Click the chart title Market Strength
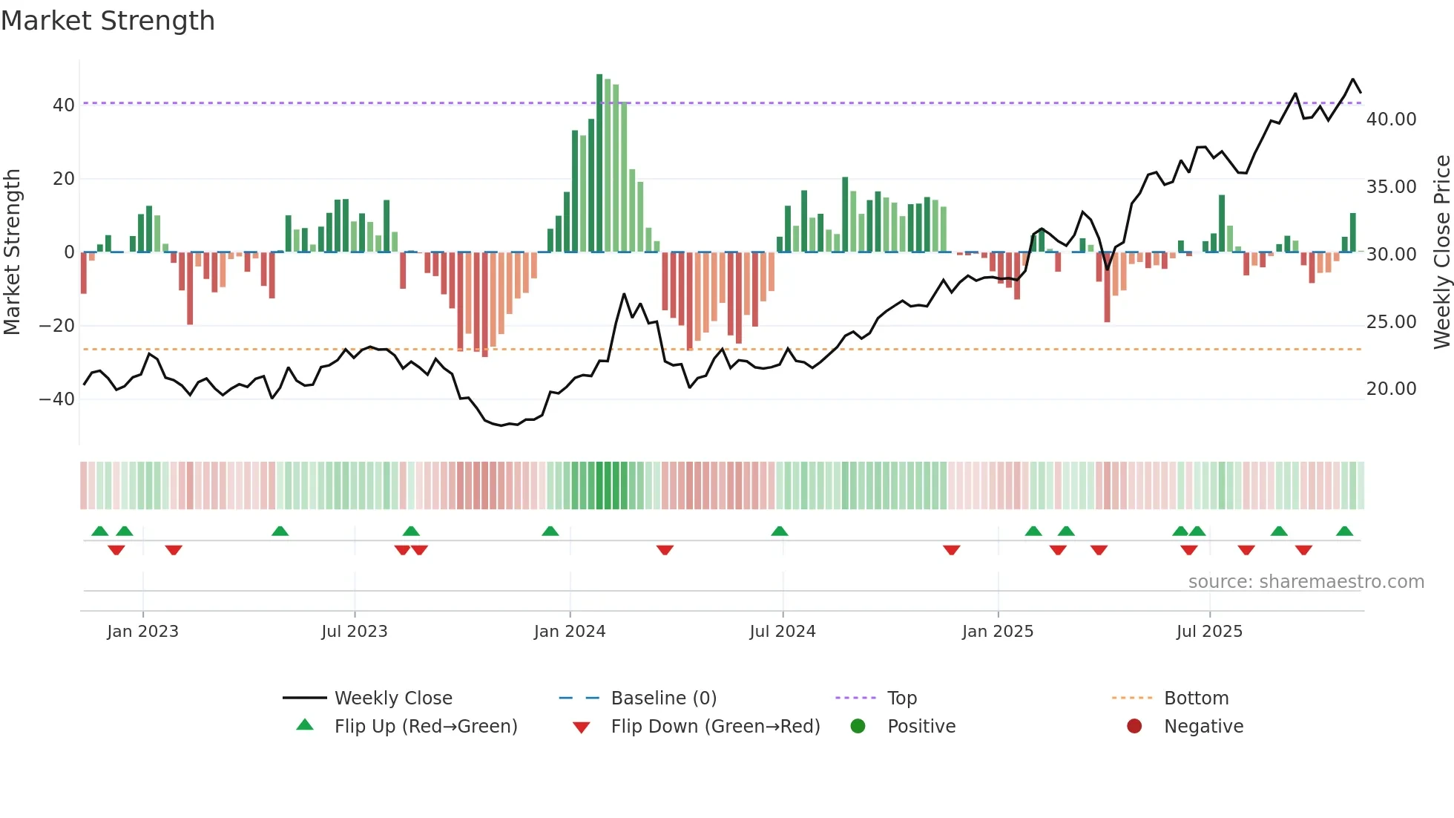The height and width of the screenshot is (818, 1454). point(108,21)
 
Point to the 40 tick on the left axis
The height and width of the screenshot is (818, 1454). point(64,105)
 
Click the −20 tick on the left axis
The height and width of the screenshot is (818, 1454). point(57,326)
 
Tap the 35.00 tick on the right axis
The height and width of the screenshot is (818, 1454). point(1391,187)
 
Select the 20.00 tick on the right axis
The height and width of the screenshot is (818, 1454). point(1391,389)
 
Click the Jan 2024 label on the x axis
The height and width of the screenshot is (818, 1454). point(569,632)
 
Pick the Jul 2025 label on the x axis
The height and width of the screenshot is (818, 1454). point(1208,632)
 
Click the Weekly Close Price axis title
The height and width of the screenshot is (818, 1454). point(1441,252)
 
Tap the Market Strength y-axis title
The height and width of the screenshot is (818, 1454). point(13,252)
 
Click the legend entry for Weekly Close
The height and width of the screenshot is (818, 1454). point(392,698)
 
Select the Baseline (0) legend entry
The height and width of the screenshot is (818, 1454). point(663,698)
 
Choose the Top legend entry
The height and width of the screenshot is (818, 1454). point(901,698)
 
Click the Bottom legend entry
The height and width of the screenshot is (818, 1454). point(1196,698)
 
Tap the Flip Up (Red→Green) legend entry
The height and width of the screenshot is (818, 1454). point(425,727)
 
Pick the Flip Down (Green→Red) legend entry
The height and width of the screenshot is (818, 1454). point(715,727)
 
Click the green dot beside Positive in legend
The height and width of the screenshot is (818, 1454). point(858,727)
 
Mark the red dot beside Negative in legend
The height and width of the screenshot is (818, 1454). point(1134,727)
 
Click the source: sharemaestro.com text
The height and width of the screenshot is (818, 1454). point(1306,582)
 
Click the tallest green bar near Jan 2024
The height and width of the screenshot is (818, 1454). point(599,163)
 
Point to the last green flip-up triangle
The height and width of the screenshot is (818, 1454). point(1344,531)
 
